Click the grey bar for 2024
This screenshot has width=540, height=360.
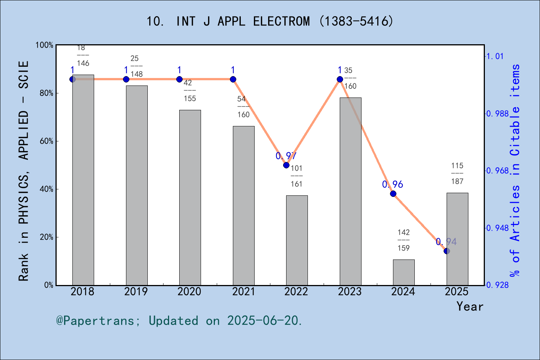pos(403,272)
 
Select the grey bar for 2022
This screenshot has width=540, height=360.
pos(297,240)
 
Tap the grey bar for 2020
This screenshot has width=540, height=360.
pos(190,197)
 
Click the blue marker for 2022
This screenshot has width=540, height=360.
pos(286,165)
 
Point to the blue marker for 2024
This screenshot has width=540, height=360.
pos(393,193)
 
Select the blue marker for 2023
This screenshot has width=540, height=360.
pos(340,79)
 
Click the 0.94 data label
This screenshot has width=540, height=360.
pos(446,242)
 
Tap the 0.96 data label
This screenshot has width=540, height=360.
pos(392,184)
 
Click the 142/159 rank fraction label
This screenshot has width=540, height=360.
pos(403,240)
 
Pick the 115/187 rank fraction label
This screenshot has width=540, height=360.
pos(457,173)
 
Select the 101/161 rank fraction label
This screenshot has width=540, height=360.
pos(296,176)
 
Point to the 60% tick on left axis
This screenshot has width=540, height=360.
pos(46,141)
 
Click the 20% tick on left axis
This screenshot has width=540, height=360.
pos(46,237)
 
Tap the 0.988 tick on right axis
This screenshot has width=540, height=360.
pos(497,114)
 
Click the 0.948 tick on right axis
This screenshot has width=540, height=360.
pos(497,228)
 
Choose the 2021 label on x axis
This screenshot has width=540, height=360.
pos(243,292)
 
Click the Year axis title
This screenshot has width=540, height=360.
pos(469,307)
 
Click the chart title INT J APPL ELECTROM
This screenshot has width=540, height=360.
pos(270,21)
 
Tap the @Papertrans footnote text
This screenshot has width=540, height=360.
pos(179,321)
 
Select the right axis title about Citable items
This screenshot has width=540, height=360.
pos(515,171)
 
